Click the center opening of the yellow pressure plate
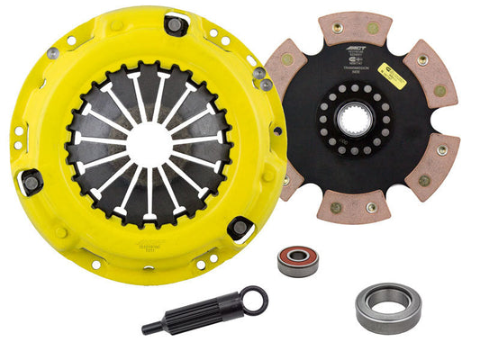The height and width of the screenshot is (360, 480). tap(148, 144)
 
